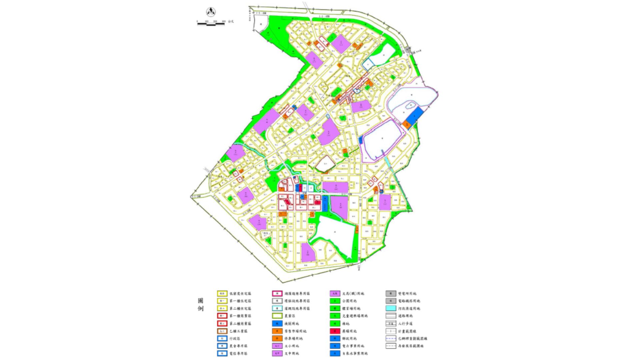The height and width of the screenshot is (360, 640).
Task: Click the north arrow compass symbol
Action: [211, 12]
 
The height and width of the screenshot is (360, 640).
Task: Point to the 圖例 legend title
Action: [200, 304]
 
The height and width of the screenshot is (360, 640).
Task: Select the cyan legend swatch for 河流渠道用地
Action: [391, 308]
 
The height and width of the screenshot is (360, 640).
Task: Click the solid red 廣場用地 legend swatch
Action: [335, 331]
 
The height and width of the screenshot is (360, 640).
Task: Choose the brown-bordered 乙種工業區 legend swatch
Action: [222, 331]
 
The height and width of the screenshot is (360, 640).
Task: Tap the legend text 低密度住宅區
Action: [240, 294]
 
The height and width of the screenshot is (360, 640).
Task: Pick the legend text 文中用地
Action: [292, 353]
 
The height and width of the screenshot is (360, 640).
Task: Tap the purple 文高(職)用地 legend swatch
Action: [335, 294]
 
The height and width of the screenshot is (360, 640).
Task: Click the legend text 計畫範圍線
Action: [407, 331]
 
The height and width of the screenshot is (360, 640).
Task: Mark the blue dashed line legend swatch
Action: [391, 339]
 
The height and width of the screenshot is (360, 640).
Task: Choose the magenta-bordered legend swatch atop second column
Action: [277, 294]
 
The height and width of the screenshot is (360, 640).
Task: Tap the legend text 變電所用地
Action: [407, 294]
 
